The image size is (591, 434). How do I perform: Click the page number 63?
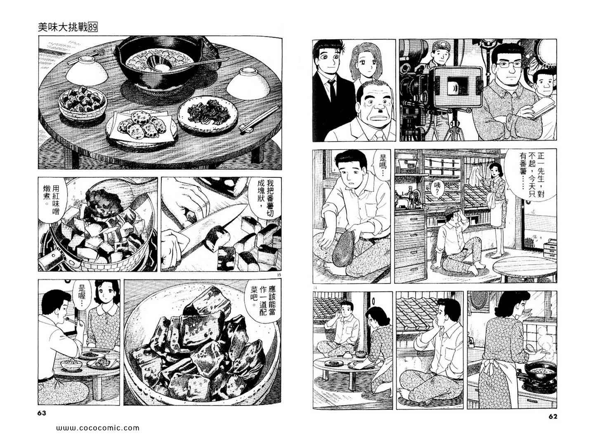point(42,413)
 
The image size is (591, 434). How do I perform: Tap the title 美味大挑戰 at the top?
point(63,28)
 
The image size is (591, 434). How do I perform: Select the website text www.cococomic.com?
point(98,428)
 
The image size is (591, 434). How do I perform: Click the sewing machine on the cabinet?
point(405,198)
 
